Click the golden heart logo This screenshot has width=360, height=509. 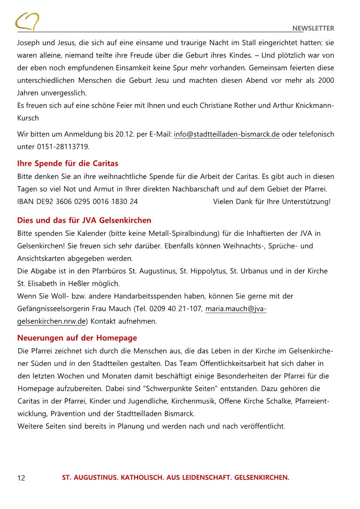coord(27,21)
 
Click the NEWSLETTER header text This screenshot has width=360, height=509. coord(313,28)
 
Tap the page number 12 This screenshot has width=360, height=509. coord(21,478)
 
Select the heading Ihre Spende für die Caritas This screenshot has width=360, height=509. coord(67,164)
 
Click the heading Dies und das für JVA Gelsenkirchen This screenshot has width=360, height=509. coord(84,220)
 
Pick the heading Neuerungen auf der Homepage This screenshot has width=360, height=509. coord(77,338)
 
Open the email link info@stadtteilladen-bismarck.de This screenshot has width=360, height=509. coord(226,134)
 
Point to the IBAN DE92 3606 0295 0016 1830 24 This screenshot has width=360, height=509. coord(77,201)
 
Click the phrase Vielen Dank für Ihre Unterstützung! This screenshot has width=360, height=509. coord(272,201)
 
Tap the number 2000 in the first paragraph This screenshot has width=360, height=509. coord(325,80)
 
